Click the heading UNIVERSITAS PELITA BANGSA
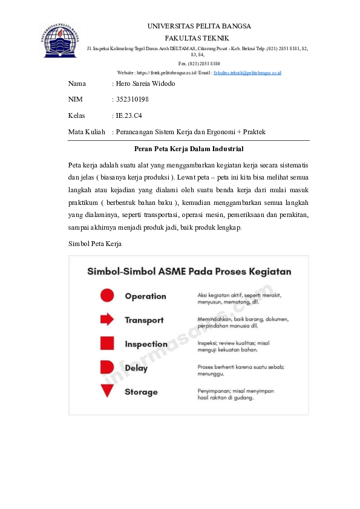[x=199, y=26]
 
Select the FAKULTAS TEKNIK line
[x=199, y=37]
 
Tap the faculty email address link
[x=247, y=73]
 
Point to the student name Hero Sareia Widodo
[x=145, y=83]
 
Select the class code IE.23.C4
[x=129, y=115]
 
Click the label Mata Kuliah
[x=87, y=131]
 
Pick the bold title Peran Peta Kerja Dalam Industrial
[x=188, y=148]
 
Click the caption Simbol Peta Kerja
[x=96, y=244]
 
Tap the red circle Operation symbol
[x=107, y=296]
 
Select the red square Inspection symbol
[x=107, y=343]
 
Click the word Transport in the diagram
[x=144, y=320]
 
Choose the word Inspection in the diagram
[x=146, y=344]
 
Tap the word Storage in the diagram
[x=141, y=392]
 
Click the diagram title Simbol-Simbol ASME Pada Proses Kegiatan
[x=189, y=271]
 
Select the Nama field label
[x=77, y=83]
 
